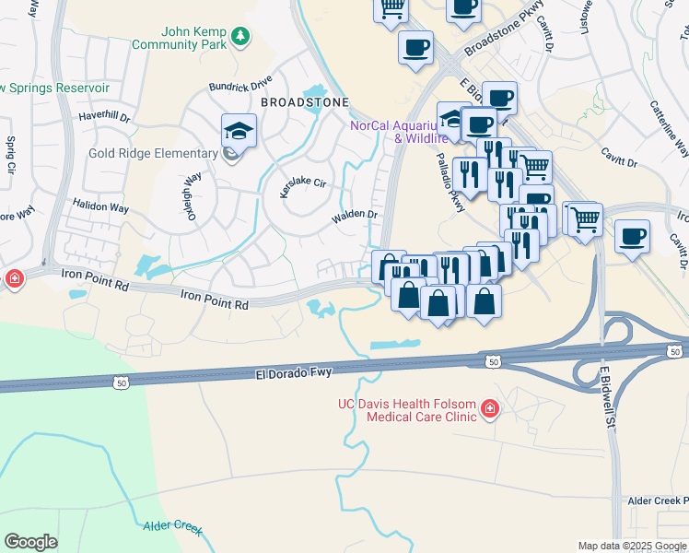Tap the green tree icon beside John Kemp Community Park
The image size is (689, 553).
(x=240, y=36)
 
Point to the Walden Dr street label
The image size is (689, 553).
(x=355, y=215)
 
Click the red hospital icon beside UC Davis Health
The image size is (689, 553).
(x=489, y=407)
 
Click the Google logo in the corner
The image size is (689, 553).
(x=30, y=542)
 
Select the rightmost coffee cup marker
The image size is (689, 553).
(x=633, y=237)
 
